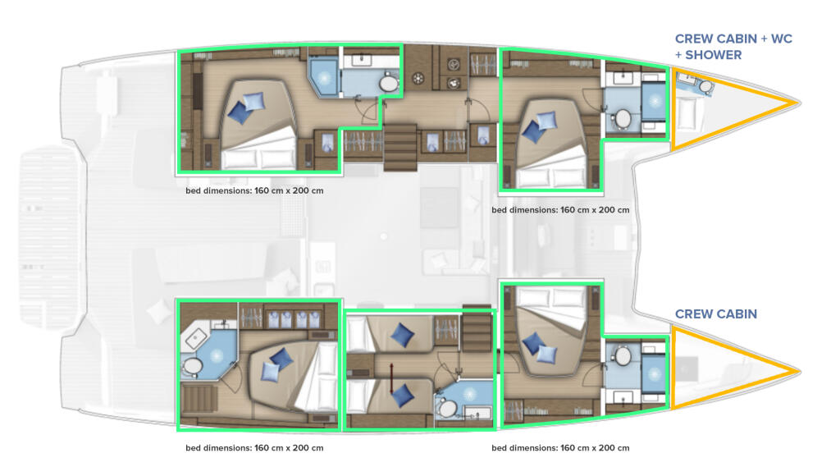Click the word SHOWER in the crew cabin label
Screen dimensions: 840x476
tap(713, 55)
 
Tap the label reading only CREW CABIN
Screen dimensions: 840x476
tap(715, 314)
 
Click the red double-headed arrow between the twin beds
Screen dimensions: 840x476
tap(391, 378)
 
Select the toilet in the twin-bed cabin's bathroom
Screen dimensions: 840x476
tap(448, 409)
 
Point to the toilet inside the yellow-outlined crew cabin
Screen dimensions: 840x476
tap(705, 86)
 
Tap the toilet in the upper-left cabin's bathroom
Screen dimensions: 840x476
tap(388, 84)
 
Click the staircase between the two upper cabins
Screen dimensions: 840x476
tap(400, 148)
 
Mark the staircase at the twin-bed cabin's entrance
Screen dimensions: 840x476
tap(477, 331)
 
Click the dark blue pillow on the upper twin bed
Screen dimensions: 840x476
tap(402, 335)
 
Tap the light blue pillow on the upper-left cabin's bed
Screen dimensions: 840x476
tap(254, 101)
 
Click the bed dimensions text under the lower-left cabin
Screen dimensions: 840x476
tap(254, 447)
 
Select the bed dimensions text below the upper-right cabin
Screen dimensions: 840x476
tap(560, 209)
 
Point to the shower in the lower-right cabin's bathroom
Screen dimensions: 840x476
tap(654, 374)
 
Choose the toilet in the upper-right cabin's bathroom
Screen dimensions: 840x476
tap(623, 118)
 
